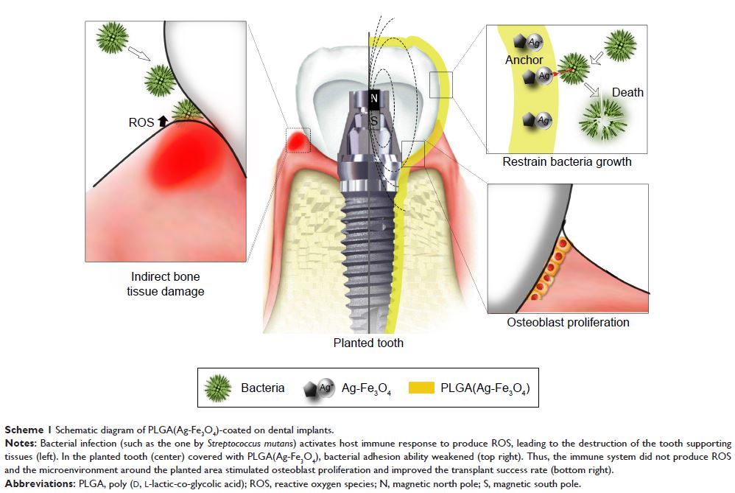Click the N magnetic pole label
click(374, 99)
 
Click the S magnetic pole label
click(374, 120)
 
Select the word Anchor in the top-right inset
click(524, 60)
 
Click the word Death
click(627, 92)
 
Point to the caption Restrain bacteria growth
click(566, 161)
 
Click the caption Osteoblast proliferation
click(568, 322)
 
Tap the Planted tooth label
click(368, 343)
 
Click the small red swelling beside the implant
click(298, 138)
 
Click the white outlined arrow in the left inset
click(138, 53)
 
